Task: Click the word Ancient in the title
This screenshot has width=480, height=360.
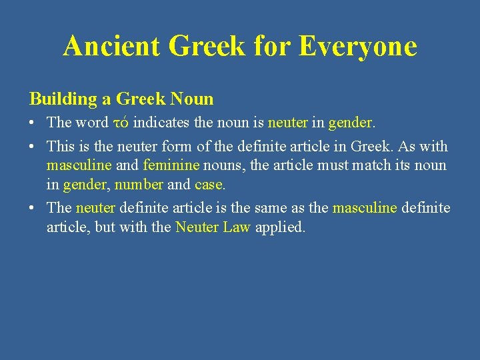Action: coord(111,46)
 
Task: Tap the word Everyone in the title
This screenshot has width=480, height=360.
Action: coord(358,46)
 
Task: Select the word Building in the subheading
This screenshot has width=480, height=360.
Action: coord(63,99)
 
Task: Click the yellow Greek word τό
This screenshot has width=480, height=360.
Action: coord(121,123)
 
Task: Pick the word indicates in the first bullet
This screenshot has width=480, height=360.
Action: coord(160,123)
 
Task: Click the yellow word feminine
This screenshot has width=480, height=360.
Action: coord(171,165)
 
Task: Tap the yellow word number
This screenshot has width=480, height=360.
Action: coord(139,184)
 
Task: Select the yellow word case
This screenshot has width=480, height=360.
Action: coord(209,184)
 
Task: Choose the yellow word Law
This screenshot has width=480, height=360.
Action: coord(237,227)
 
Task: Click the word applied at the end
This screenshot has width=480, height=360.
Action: coord(280,227)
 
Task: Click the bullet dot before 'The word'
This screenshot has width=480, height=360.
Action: coord(33,123)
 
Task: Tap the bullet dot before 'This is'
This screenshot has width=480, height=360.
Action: coord(33,147)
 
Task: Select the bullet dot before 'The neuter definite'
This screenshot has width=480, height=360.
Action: coord(33,209)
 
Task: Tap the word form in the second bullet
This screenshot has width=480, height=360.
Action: coord(180,146)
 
